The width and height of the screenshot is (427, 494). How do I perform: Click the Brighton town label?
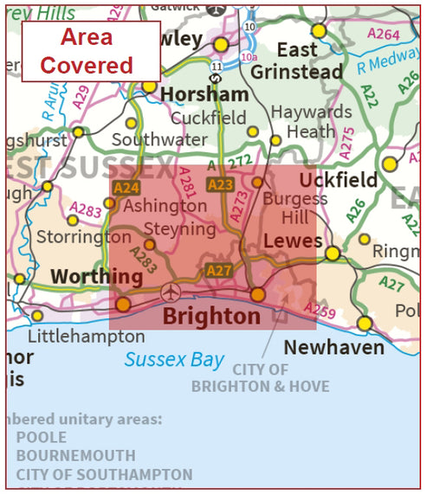pyautogui.click(x=212, y=317)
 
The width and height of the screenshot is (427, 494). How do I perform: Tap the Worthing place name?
pyautogui.click(x=96, y=277)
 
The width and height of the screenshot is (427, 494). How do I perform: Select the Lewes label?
pyautogui.click(x=293, y=240)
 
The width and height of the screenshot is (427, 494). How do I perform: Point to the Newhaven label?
pyautogui.click(x=334, y=347)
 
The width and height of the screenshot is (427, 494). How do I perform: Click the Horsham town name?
pyautogui.click(x=204, y=93)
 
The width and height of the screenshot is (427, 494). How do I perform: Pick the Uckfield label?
pyautogui.click(x=338, y=180)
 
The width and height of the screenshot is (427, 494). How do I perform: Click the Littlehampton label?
pyautogui.click(x=87, y=336)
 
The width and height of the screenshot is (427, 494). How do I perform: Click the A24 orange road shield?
pyautogui.click(x=126, y=187)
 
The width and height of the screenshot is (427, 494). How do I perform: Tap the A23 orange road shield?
pyautogui.click(x=221, y=184)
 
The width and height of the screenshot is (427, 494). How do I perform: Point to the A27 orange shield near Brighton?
pyautogui.click(x=219, y=271)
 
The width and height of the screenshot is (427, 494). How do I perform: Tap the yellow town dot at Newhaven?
pyautogui.click(x=365, y=323)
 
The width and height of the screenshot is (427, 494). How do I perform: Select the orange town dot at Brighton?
pyautogui.click(x=257, y=295)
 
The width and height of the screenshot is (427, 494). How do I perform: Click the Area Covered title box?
pyautogui.click(x=91, y=51)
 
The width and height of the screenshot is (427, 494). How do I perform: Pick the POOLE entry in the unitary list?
pyautogui.click(x=42, y=438)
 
